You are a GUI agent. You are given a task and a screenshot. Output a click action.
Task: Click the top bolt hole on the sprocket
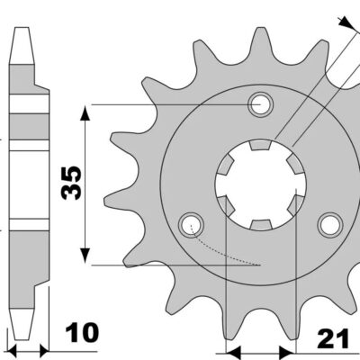tap(263, 103)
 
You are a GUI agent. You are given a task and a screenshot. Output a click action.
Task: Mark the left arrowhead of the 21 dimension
tap(232, 350)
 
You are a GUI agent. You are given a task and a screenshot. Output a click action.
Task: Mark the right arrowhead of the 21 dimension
tap(290, 350)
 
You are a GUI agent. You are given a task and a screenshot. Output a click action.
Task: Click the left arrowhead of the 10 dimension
tap(11, 346)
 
